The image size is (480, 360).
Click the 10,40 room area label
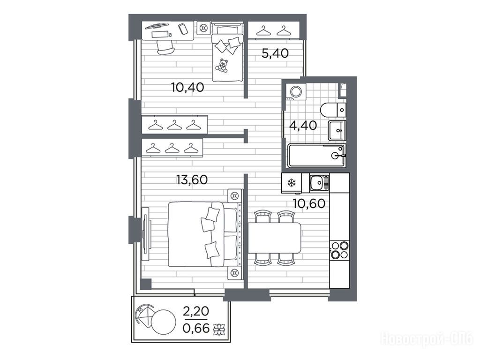pos(187,88)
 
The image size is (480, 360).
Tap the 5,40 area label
pos(275,53)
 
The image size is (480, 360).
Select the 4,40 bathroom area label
pos(303,126)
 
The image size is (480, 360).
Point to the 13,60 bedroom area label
pos(192,180)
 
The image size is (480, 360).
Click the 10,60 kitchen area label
pos(309,203)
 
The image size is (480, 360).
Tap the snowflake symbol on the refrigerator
pos(292,183)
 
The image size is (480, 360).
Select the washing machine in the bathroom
pos(295,92)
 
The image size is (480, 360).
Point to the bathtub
pos(317,156)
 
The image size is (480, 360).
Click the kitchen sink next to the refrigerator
pos(319,182)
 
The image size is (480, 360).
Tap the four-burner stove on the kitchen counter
pos(339,250)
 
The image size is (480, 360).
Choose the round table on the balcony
pos(164,322)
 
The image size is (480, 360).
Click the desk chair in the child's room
pos(165,47)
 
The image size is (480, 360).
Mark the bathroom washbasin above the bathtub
pos(337,130)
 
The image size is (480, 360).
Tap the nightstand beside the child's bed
pos(203,29)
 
